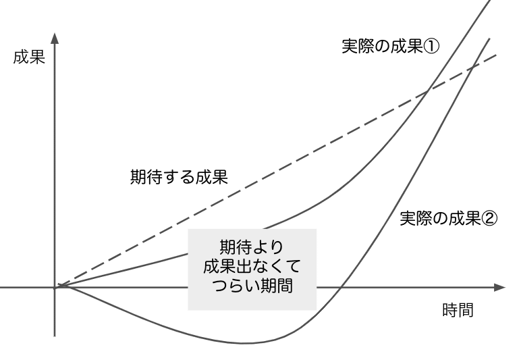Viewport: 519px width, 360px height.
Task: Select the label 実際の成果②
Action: pyautogui.click(x=448, y=219)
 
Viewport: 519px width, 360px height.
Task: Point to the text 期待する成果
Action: pyautogui.click(x=180, y=178)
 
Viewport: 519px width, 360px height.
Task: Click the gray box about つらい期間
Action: pyautogui.click(x=252, y=269)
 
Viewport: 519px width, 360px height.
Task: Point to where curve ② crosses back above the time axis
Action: pyautogui.click(x=339, y=287)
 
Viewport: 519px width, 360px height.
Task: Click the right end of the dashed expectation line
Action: pyautogui.click(x=496, y=54)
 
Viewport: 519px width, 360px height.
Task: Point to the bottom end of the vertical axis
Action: pyautogui.click(x=55, y=335)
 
